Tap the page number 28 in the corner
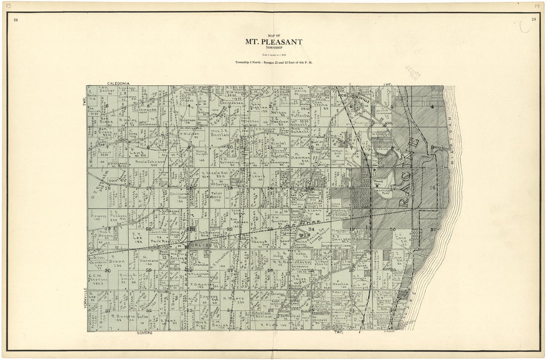(x=16, y=20)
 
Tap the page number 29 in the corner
(x=533, y=20)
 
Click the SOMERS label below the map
(x=144, y=333)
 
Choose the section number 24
(x=312, y=229)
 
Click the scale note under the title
(x=273, y=54)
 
